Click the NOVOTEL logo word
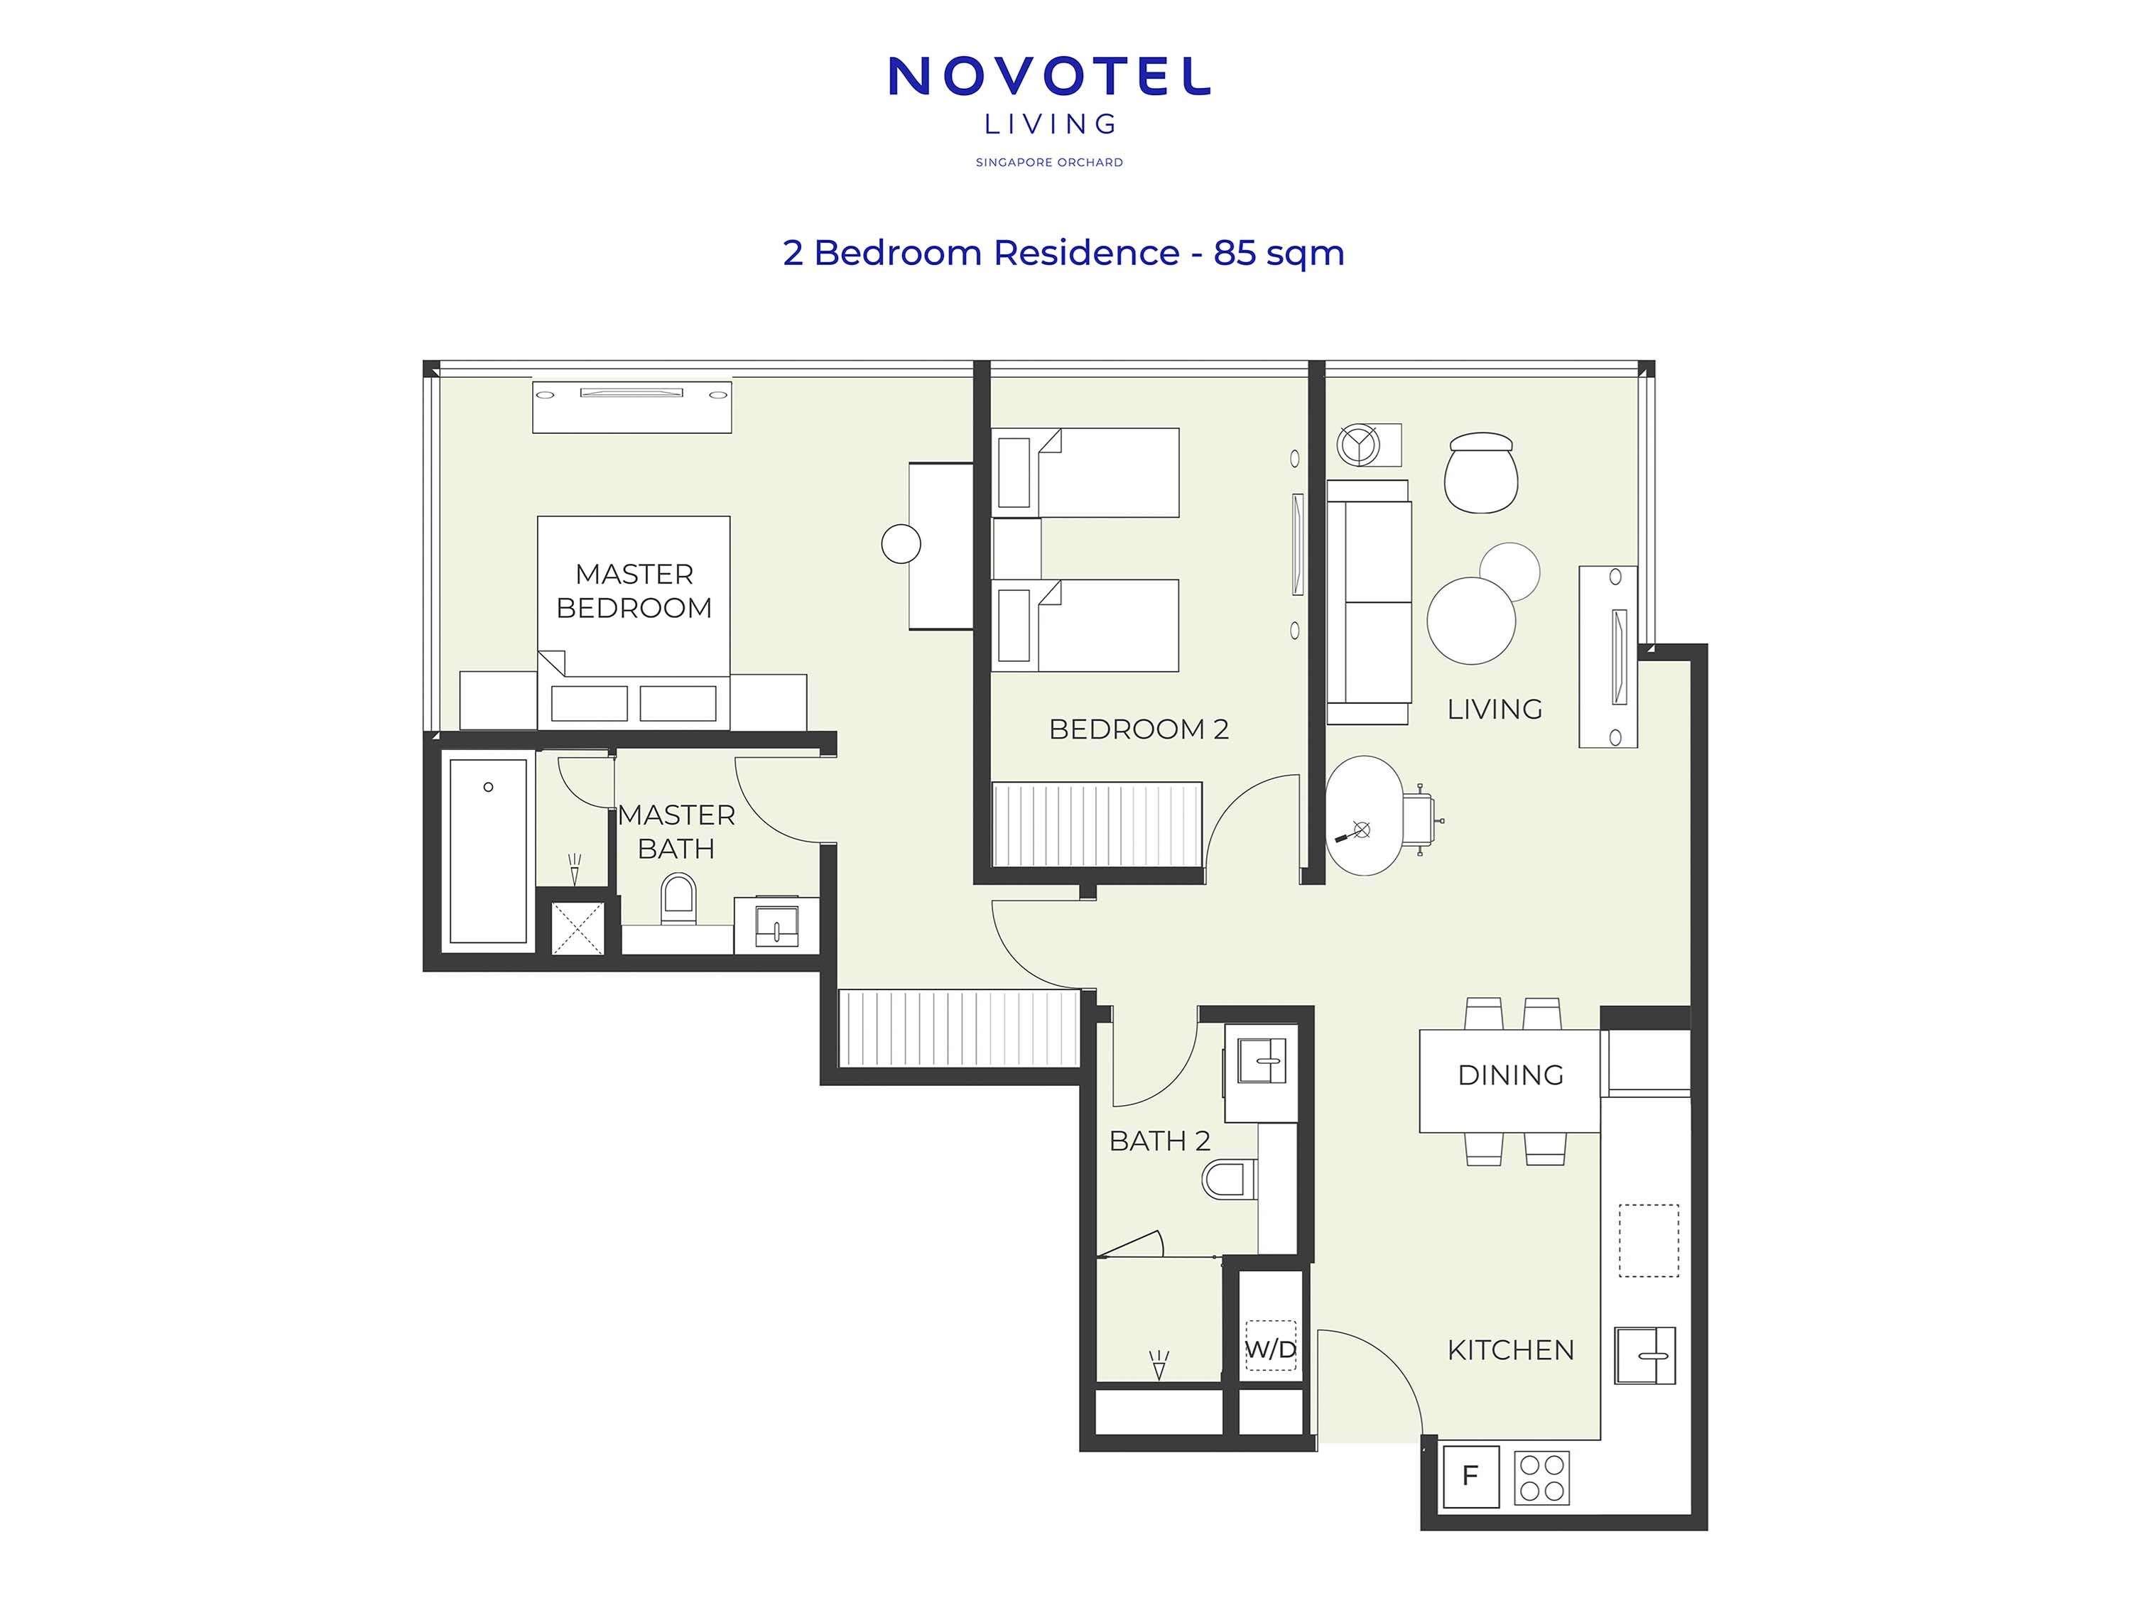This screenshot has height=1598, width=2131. pos(1048,76)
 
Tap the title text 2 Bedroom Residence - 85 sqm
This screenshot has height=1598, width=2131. pos(1063,252)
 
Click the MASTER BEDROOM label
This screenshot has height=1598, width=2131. pos(634,590)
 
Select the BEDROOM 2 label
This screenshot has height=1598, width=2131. pos(1138,729)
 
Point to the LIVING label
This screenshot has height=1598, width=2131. pos(1495,709)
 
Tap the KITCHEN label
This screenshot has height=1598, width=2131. pos(1509,1349)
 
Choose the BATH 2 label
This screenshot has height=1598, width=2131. pos(1159,1141)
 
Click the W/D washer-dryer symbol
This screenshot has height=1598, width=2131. pos(1271,1349)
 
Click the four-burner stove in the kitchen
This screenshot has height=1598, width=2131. pos(1541,1477)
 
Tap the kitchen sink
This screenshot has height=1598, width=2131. pos(1644,1354)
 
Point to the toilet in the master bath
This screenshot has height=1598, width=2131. pos(678,898)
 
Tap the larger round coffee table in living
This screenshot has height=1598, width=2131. pos(1470,620)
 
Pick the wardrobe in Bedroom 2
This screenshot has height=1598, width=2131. pos(1096,825)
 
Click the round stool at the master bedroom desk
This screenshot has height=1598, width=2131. pos(901,544)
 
